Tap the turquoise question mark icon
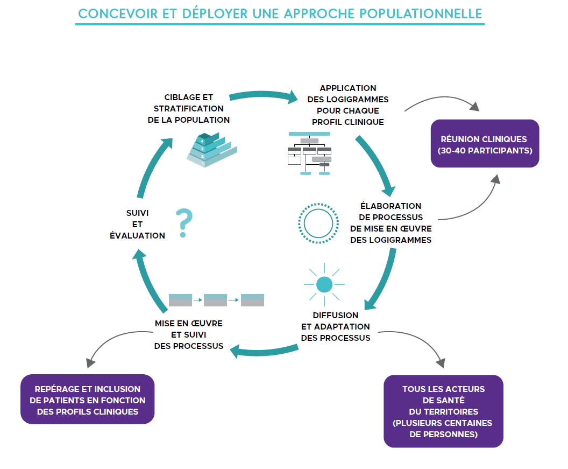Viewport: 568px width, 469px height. point(184,223)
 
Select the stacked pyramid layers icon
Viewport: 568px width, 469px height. point(211,150)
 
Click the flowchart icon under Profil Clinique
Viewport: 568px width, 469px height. point(310,153)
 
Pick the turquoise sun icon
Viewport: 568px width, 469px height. point(324,284)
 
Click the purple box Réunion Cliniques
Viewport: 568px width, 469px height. point(485,144)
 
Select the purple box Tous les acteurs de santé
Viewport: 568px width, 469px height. point(443,411)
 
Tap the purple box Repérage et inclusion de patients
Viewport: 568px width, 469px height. point(87,400)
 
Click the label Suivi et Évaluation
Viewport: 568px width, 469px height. point(137,224)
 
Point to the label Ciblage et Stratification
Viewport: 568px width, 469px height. point(188,109)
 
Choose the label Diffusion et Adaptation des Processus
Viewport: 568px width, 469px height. point(336,326)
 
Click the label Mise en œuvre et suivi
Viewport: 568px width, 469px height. point(188,334)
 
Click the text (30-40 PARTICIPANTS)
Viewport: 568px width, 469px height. point(485,150)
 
